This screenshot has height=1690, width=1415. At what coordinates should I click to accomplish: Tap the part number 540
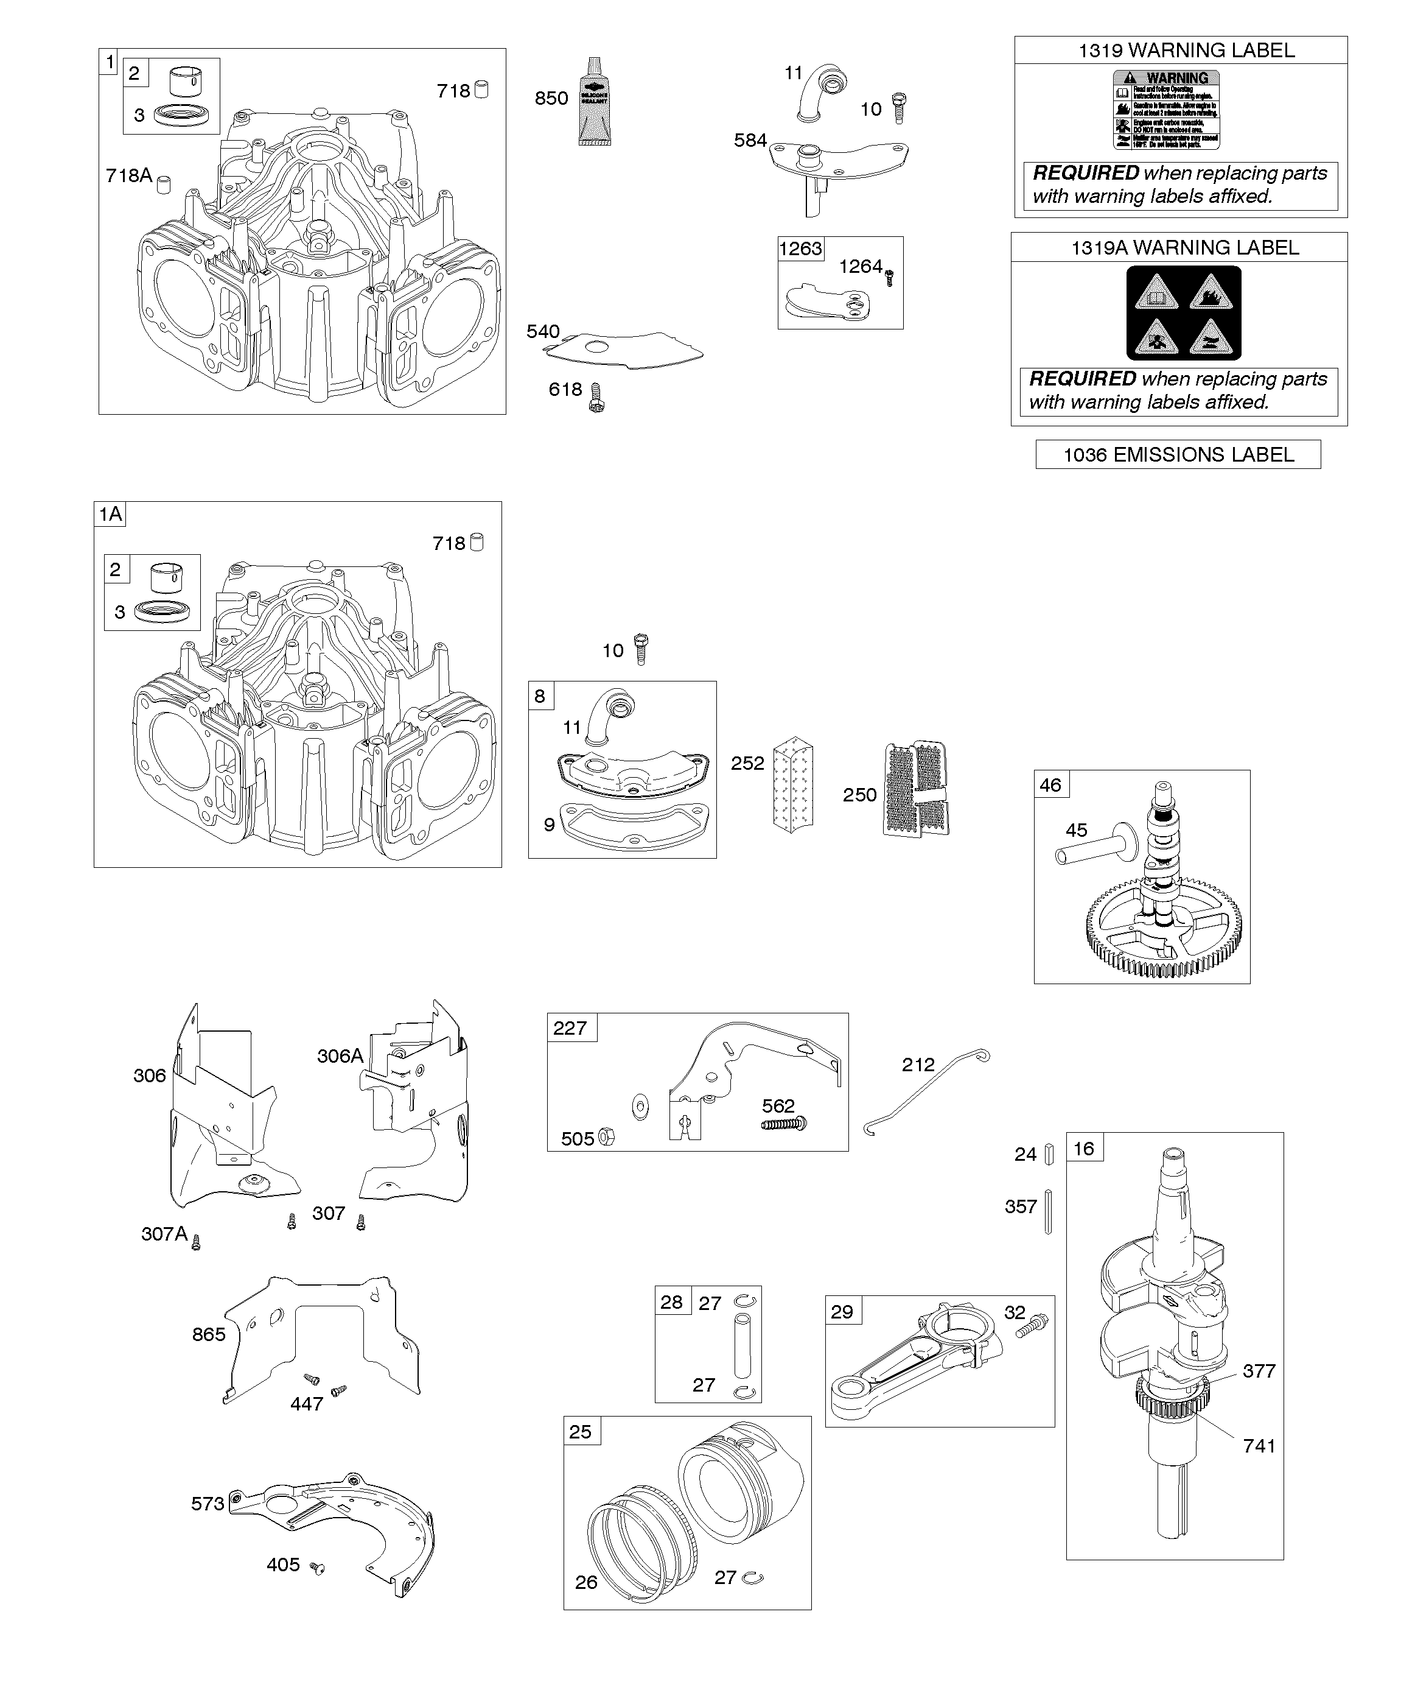[543, 331]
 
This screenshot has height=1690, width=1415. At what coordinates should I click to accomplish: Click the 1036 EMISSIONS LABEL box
[1178, 455]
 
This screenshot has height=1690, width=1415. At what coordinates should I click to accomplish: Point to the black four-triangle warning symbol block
[1183, 313]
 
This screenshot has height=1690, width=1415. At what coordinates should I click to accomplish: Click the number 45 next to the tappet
[1077, 829]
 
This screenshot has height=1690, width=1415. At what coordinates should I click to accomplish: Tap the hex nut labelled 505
[607, 1138]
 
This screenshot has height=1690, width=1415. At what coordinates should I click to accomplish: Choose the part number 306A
[340, 1056]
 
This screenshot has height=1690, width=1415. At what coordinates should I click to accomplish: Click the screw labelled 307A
[195, 1244]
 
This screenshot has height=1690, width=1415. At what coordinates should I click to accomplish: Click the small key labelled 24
[1049, 1155]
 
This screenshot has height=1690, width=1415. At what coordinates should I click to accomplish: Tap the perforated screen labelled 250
[917, 789]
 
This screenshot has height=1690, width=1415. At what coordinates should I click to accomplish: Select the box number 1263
[800, 248]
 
